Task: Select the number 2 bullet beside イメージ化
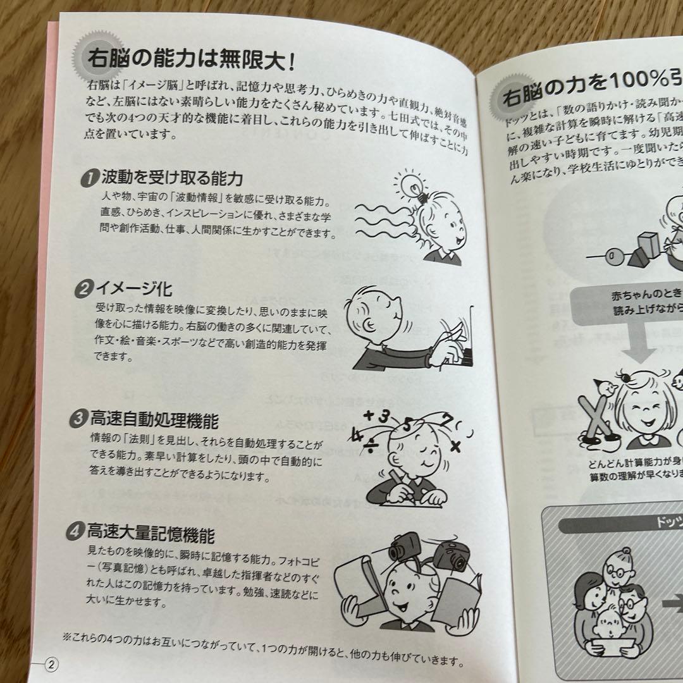[83, 290]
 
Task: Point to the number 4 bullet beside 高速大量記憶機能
[75, 532]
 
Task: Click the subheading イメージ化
[133, 290]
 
